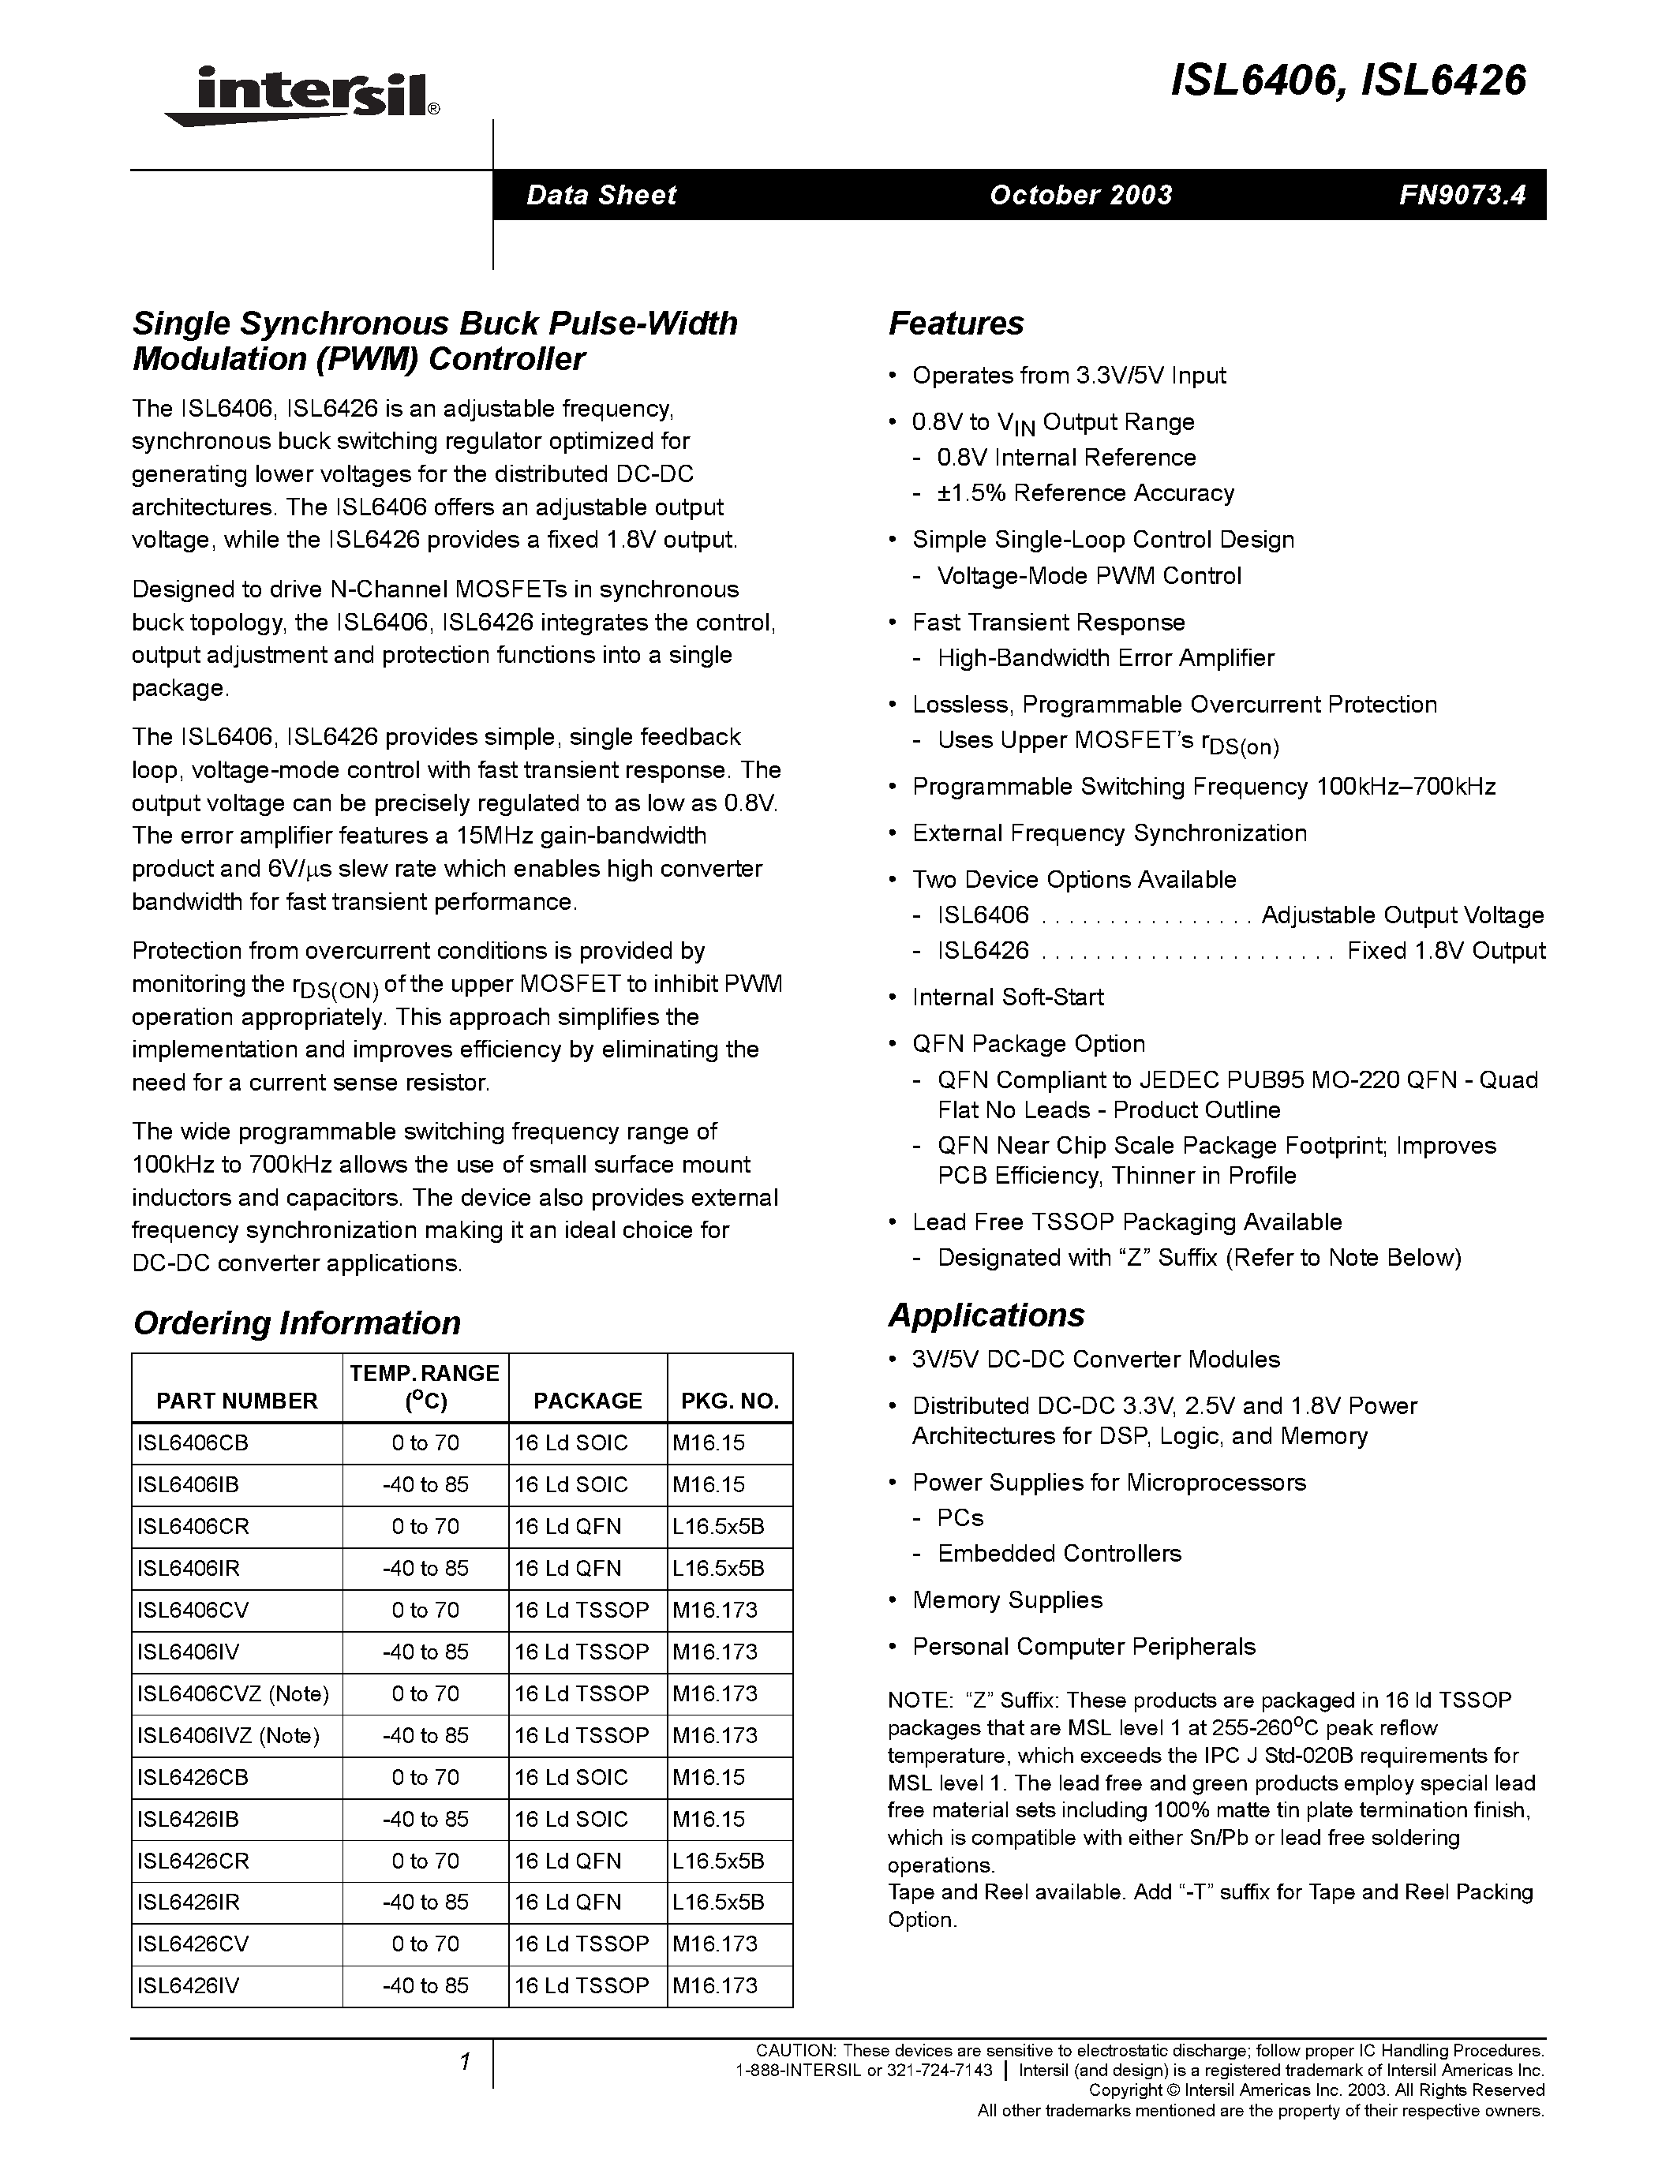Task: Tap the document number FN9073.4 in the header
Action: (1462, 195)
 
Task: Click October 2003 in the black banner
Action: (1081, 195)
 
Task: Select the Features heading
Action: (956, 324)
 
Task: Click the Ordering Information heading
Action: (297, 1323)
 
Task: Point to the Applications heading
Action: (986, 1315)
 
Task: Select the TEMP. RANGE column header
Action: (425, 1387)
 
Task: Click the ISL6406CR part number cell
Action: (193, 1526)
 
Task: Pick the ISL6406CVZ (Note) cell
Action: (233, 1693)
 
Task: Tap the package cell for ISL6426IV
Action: (581, 1985)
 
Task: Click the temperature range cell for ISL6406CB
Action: (425, 1442)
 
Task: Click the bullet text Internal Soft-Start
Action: (1008, 997)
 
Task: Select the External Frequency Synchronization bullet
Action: (1109, 832)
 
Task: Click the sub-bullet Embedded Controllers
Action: (1059, 1553)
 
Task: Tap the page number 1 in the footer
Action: (464, 2063)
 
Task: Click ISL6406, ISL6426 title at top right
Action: (1348, 80)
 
